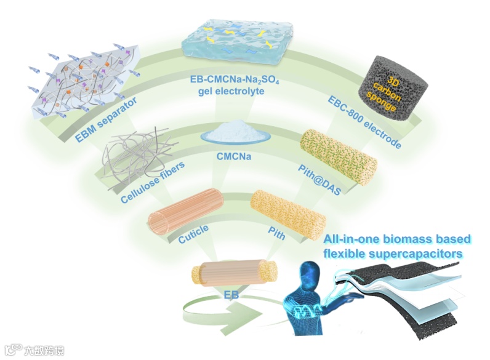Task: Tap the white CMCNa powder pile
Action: point(235,133)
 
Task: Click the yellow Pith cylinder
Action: point(287,213)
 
